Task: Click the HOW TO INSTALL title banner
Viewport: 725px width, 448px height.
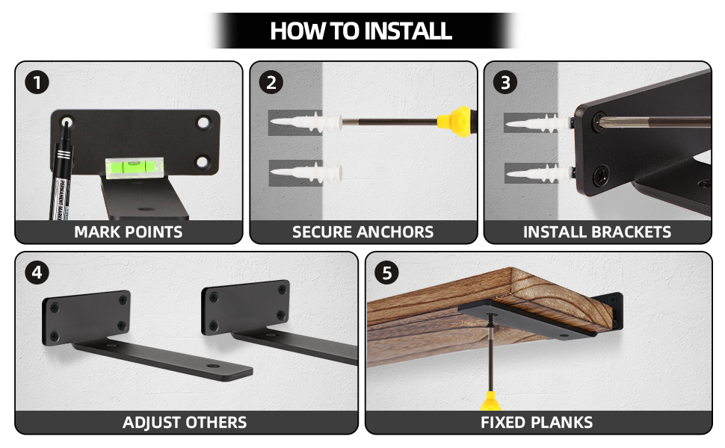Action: click(x=361, y=31)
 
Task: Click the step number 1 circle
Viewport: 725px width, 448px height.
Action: click(x=37, y=81)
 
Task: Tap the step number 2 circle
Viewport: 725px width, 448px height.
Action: click(x=271, y=81)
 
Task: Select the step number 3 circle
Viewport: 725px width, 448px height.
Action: click(x=506, y=81)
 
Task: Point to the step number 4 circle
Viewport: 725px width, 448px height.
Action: click(x=37, y=273)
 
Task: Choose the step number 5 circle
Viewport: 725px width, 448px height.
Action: click(x=386, y=273)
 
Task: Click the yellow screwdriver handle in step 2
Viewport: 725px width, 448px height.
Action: click(x=456, y=119)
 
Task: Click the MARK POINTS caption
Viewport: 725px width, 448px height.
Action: click(x=129, y=231)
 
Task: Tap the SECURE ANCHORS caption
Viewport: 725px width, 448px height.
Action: click(x=362, y=231)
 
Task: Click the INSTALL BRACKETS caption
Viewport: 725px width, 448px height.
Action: click(x=597, y=231)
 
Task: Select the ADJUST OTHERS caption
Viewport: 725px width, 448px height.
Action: click(x=185, y=423)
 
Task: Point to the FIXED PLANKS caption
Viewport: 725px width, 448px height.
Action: click(x=537, y=423)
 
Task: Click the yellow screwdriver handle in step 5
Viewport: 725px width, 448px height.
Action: click(x=490, y=401)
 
